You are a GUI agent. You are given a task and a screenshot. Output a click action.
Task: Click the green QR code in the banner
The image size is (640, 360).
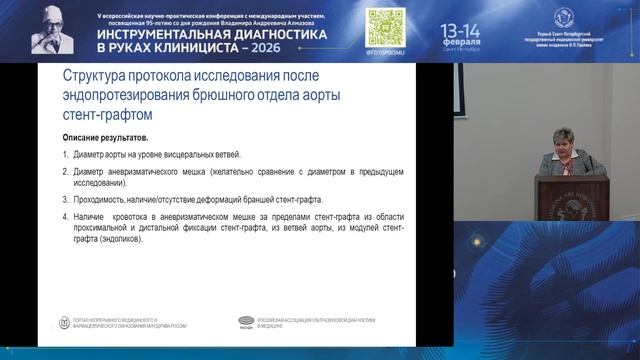386,27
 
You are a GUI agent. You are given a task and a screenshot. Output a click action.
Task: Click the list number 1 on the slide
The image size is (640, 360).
65,154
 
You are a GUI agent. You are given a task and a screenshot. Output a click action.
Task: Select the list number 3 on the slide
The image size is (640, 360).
65,200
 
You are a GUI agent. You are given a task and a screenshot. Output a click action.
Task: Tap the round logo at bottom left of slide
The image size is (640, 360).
65,323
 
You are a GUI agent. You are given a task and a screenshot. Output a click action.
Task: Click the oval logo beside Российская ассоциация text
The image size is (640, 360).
245,323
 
